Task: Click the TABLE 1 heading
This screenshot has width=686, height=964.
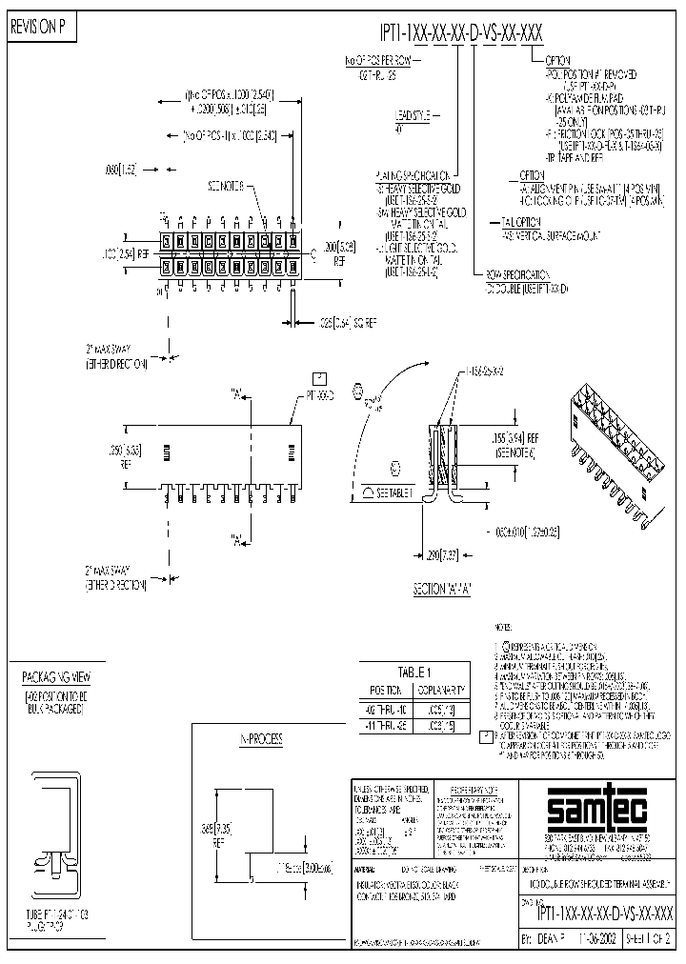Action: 414,671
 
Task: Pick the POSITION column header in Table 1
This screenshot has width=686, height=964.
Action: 386,689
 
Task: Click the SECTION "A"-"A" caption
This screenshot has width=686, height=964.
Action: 442,588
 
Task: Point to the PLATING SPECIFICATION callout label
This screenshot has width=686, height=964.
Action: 413,176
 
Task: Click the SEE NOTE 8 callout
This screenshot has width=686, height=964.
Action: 227,185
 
